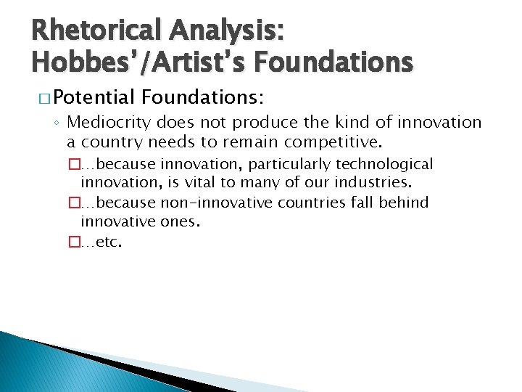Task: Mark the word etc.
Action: [109, 242]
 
